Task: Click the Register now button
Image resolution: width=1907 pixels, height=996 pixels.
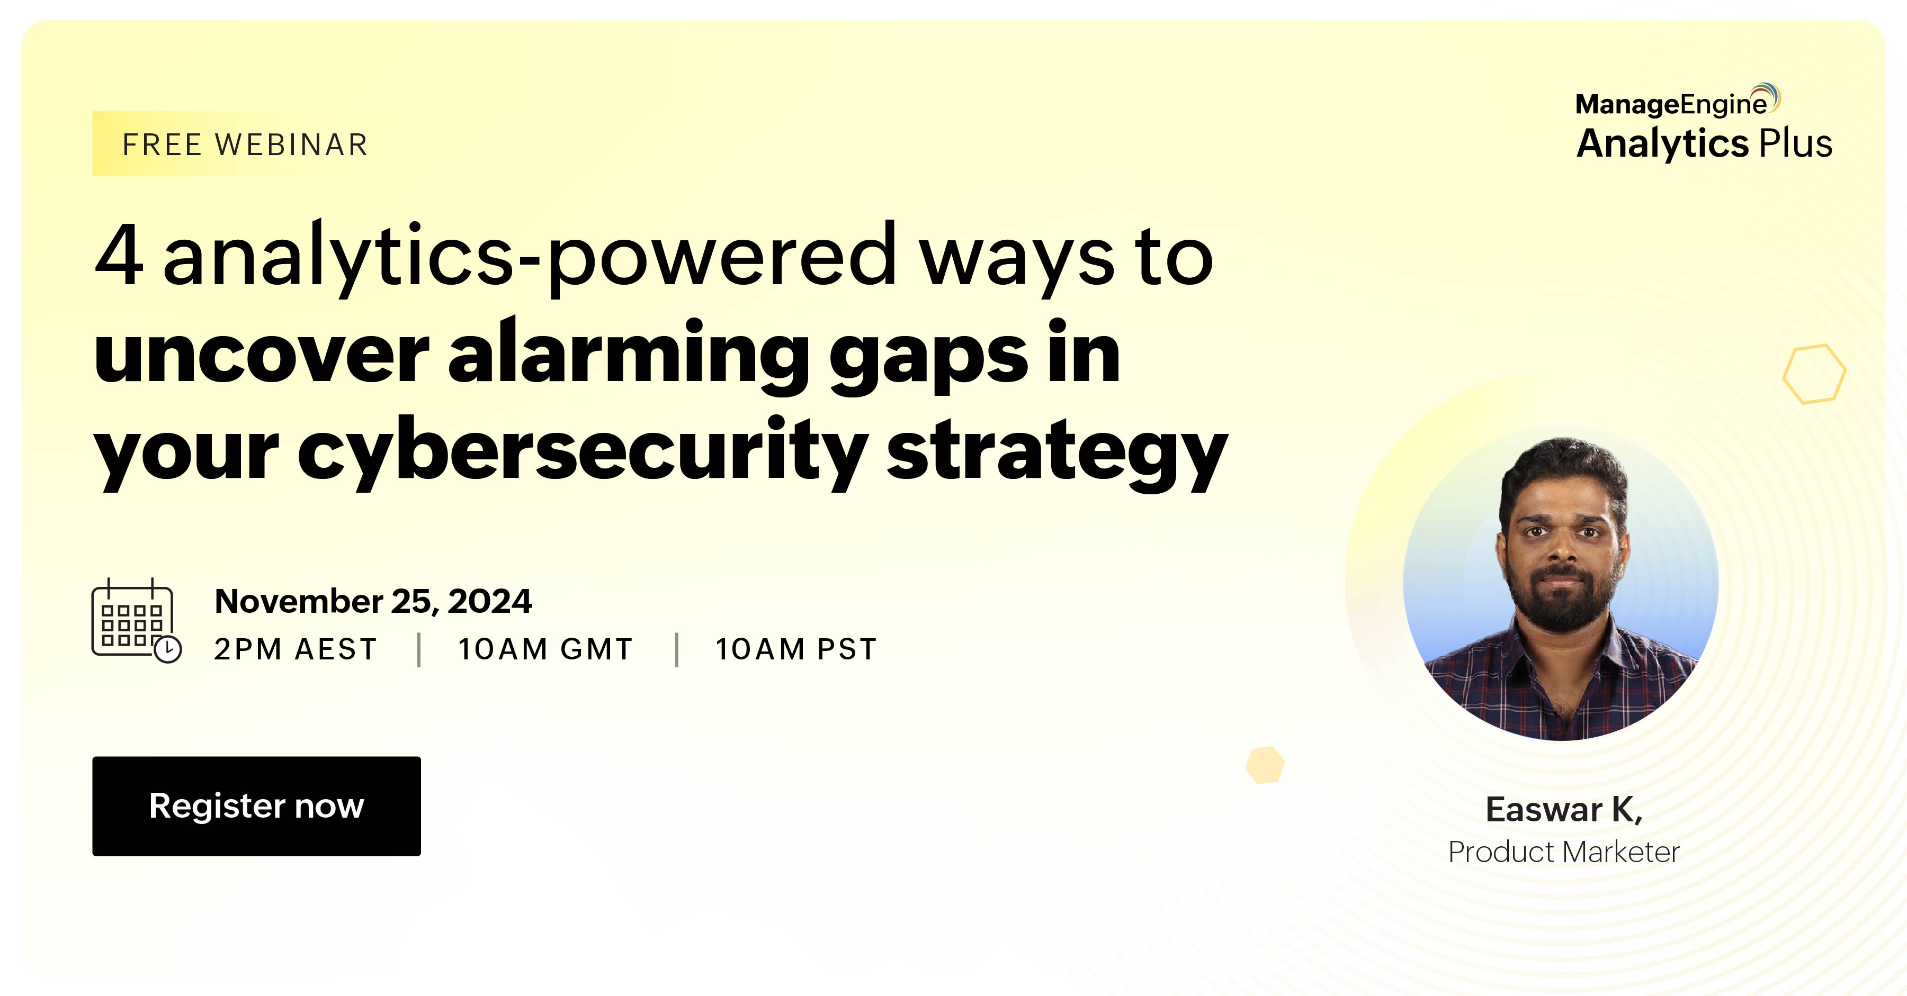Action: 256,806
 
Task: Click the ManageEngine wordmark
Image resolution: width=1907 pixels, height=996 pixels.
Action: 1671,104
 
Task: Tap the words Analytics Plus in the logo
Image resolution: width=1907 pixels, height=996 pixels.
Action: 1704,143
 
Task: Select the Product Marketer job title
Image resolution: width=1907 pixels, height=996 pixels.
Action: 1563,852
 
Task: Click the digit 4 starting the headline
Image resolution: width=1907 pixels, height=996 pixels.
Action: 119,255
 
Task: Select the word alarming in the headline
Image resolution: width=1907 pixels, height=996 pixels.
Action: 629,354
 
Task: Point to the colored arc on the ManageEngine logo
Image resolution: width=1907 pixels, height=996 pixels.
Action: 1771,96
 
